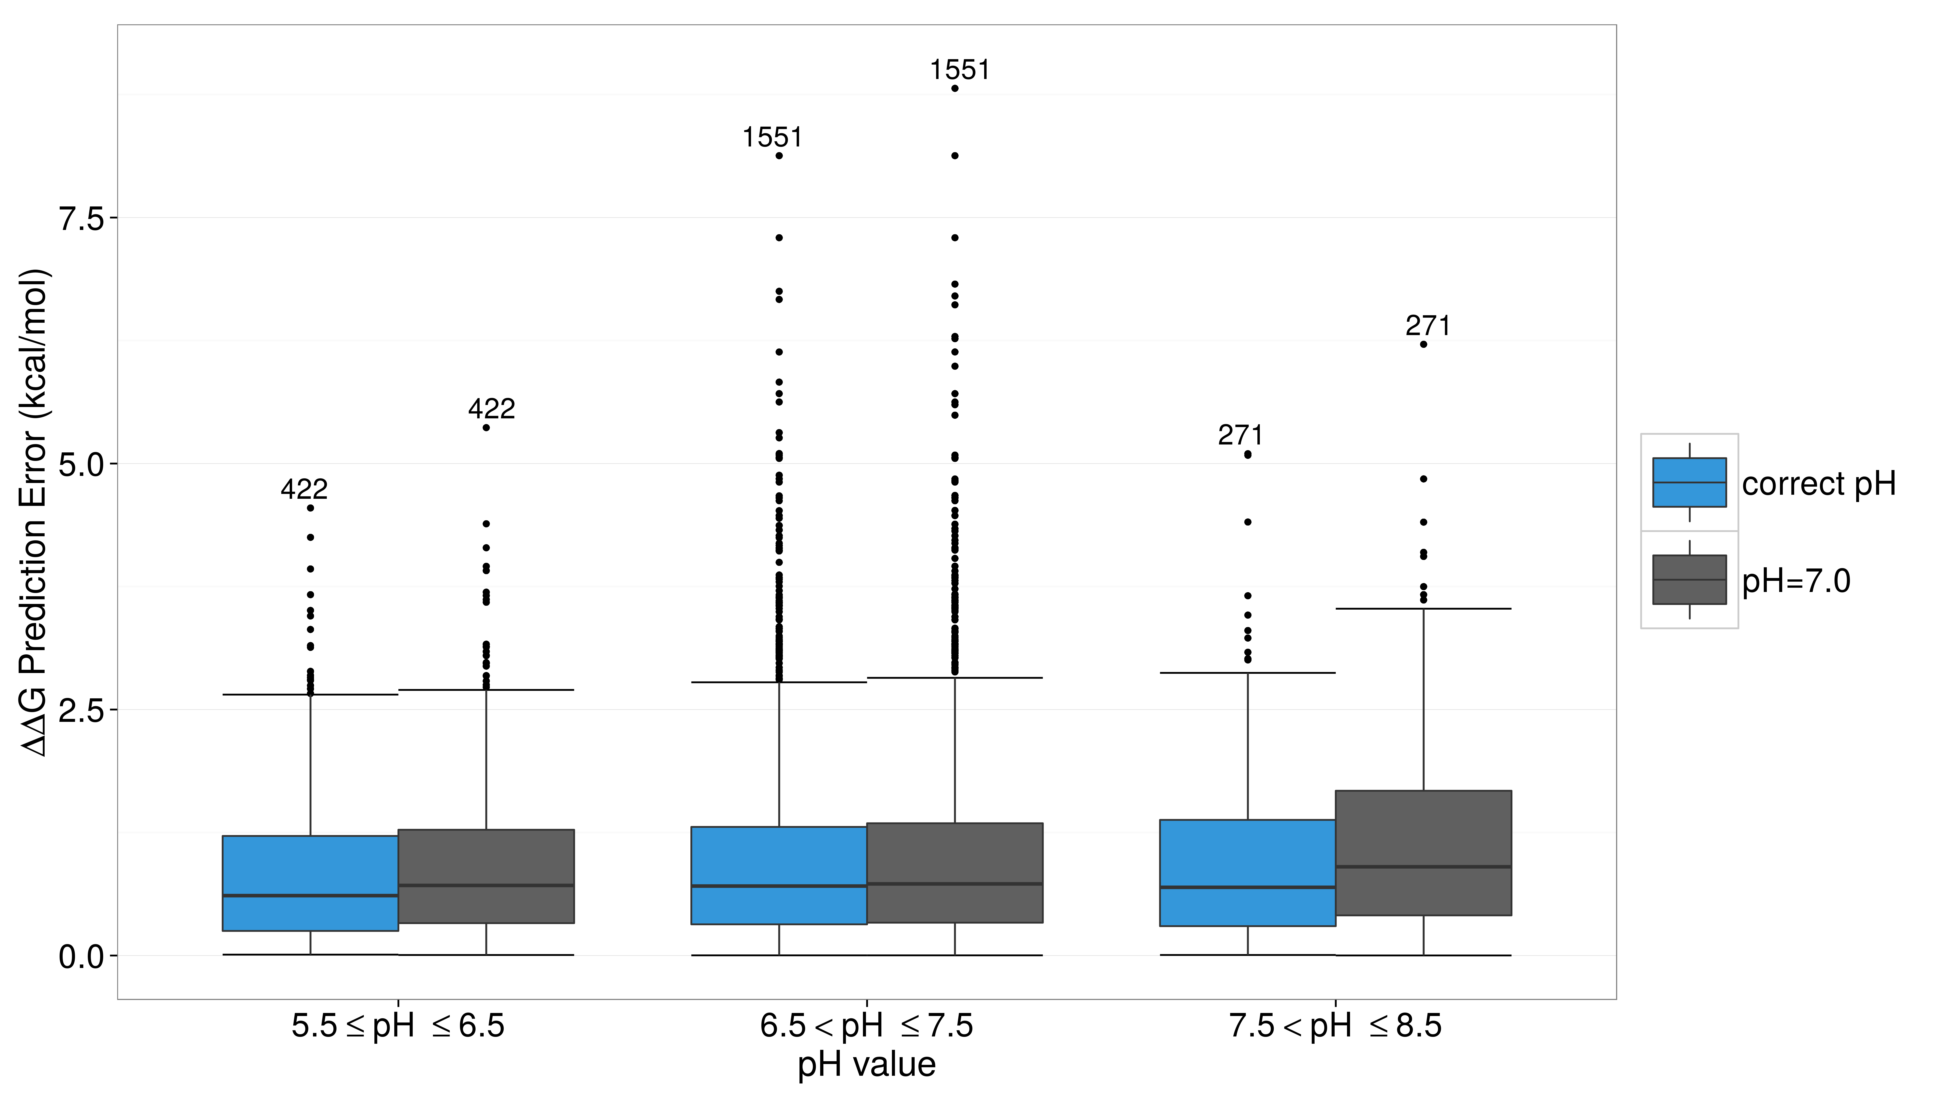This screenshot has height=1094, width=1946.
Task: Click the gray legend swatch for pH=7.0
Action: [x=1689, y=580]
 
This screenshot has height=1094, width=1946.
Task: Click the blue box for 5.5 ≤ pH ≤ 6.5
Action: [x=311, y=883]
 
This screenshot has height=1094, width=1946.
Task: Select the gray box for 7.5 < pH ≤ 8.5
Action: [x=1423, y=853]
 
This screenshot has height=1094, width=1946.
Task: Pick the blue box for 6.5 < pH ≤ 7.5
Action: [x=779, y=876]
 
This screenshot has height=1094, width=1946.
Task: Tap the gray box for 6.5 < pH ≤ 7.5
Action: [x=955, y=873]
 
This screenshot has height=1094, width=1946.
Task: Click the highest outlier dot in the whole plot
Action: [x=955, y=88]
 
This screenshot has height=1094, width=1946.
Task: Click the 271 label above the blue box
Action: [x=1240, y=436]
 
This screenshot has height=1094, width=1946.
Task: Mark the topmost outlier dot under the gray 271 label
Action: [x=1423, y=344]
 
